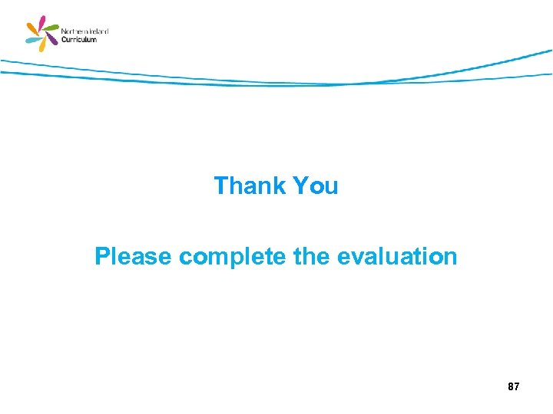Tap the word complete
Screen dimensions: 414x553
pos(233,257)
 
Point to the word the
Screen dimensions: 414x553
pos(310,256)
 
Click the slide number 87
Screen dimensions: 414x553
pos(514,387)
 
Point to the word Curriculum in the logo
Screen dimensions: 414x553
pos(79,39)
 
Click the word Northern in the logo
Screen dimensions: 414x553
pos(75,31)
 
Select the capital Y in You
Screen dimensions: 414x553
pos(301,186)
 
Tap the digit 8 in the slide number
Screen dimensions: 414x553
pos(511,387)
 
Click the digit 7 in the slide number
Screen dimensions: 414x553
pos(517,387)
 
